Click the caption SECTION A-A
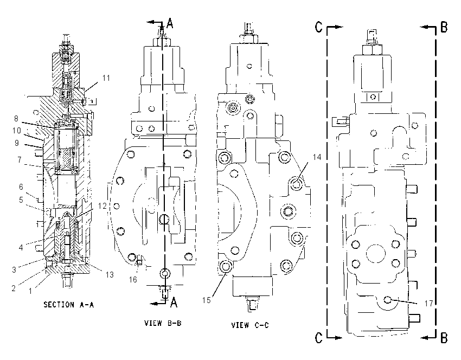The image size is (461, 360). [x=68, y=305]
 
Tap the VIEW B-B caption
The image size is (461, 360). [x=163, y=323]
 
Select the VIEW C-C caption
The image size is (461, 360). [x=250, y=325]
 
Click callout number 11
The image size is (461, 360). [x=106, y=78]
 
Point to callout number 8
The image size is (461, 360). [x=16, y=118]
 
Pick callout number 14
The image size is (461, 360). [x=317, y=157]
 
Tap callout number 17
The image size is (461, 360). [x=428, y=303]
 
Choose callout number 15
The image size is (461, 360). [x=207, y=300]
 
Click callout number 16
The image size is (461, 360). [x=133, y=279]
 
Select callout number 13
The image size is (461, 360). [x=110, y=274]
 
